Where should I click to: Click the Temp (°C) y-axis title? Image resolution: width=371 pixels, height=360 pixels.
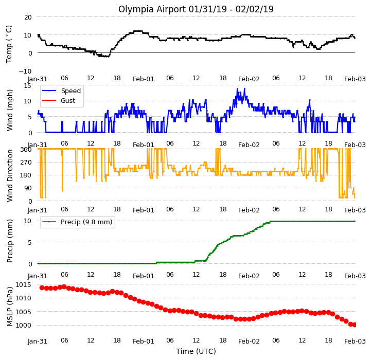[9, 44]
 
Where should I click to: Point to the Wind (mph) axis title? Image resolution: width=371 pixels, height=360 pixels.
[9, 110]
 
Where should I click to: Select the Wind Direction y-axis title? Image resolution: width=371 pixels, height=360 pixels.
[9, 176]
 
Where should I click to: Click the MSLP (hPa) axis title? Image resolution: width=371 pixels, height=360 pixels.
[9, 307]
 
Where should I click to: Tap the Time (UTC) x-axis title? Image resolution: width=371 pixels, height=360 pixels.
[196, 351]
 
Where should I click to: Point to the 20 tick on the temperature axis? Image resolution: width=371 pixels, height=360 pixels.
[28, 17]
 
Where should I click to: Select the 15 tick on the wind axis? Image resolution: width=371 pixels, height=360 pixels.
[28, 85]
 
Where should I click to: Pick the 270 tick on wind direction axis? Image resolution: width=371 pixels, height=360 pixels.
[26, 163]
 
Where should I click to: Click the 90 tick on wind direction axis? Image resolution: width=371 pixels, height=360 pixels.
[28, 188]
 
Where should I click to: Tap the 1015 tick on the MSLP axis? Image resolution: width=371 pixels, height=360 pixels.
[24, 284]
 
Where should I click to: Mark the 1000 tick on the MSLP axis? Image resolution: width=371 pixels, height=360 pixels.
[24, 325]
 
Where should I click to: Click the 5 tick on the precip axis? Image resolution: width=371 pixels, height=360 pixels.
[29, 242]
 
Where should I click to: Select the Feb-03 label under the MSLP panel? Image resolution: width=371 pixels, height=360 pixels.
[355, 341]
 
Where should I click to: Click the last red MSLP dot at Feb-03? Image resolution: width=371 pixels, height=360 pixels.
[355, 325]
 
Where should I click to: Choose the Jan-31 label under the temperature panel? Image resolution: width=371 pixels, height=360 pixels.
[38, 79]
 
